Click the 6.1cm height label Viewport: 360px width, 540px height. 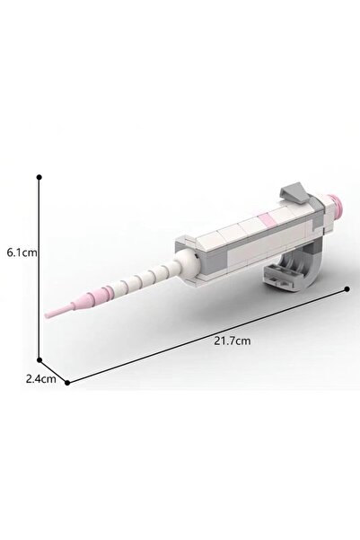[22, 252]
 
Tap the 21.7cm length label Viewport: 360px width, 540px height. [233, 341]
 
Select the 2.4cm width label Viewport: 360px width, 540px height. [41, 379]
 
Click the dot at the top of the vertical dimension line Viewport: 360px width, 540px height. [40, 177]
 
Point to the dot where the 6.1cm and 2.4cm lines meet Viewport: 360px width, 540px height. [40, 360]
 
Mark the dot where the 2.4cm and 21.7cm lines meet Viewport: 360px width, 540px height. [67, 383]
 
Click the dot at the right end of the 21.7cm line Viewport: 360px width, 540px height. [347, 288]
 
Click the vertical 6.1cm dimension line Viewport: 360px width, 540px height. [40, 269]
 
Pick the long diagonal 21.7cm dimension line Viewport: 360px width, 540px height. [207, 336]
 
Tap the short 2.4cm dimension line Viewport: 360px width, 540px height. [53, 371]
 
